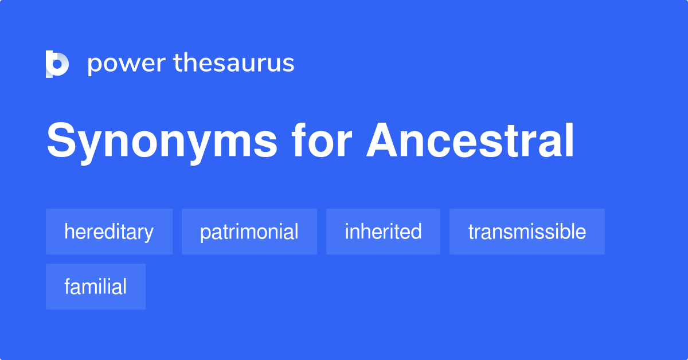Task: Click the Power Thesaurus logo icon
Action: pos(57,64)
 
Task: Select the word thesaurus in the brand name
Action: pos(234,64)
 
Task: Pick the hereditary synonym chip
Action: pos(109,232)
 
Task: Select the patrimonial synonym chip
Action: pos(249,232)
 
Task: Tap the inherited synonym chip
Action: pos(383,232)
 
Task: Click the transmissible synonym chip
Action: pos(527,232)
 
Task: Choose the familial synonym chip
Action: pos(95,287)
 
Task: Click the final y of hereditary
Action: pos(149,234)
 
